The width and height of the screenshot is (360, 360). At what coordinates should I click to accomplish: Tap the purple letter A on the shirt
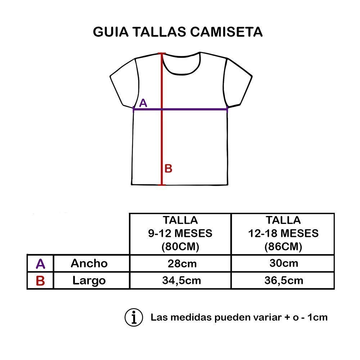click(143, 103)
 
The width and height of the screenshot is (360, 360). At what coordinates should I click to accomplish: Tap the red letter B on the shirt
click(168, 168)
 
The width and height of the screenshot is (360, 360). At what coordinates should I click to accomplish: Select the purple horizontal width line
click(194, 109)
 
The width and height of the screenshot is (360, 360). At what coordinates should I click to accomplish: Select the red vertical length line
click(162, 144)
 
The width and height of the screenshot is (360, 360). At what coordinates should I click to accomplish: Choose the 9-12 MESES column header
click(180, 233)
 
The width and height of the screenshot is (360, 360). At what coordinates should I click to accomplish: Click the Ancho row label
click(89, 263)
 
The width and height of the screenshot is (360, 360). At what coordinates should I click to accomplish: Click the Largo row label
click(89, 280)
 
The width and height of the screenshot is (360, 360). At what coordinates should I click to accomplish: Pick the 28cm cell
click(182, 263)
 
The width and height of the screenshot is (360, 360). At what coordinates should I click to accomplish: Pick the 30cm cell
click(284, 263)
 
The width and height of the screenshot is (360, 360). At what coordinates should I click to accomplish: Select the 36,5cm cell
click(284, 280)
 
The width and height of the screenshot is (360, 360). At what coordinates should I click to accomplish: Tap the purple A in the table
click(40, 264)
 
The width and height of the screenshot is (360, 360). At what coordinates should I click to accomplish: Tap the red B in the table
click(40, 281)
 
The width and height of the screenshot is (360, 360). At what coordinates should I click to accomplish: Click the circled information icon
click(134, 317)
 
